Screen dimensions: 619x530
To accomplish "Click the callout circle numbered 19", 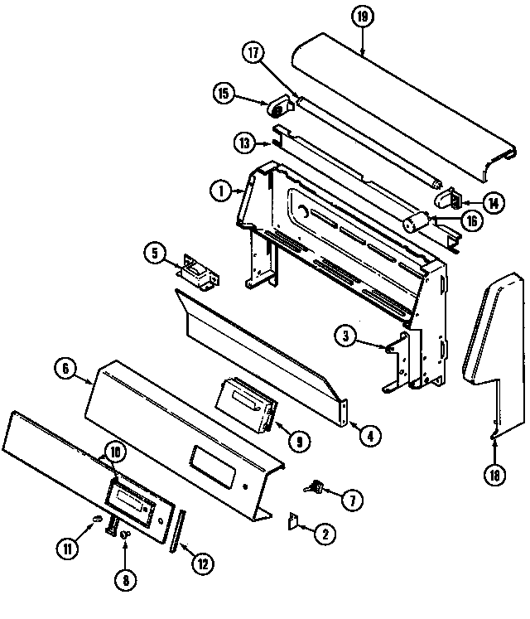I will coord(362,17).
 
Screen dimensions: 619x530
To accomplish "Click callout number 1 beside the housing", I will coord(219,191).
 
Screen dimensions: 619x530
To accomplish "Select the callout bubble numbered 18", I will coord(494,474).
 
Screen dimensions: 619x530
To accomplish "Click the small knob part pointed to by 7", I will coord(315,489).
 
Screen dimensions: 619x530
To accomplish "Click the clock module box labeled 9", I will coord(246,405).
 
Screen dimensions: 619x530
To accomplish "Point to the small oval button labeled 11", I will coord(98,520).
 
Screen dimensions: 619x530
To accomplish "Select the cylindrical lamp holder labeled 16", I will coord(416,222).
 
